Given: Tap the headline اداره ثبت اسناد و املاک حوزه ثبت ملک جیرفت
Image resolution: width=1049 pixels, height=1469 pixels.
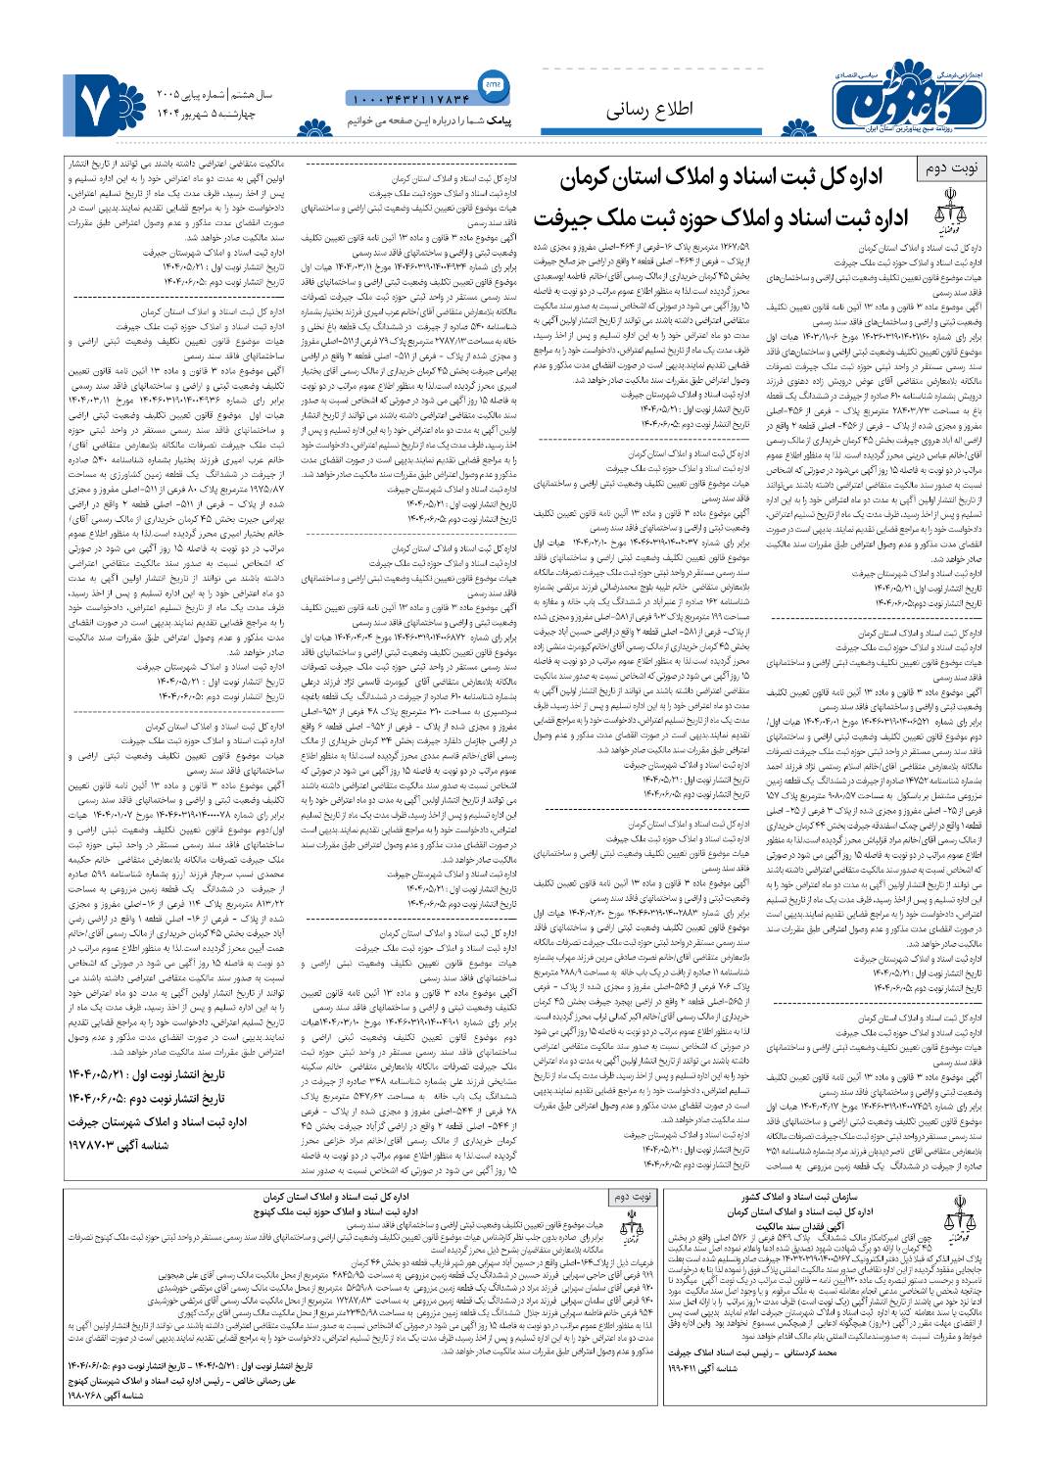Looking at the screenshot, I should [x=721, y=216].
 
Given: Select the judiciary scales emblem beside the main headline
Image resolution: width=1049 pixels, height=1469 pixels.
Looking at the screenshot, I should [x=947, y=214].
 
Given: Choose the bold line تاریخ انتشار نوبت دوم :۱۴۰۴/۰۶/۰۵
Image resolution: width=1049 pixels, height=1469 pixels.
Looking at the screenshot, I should [x=147, y=1097].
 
